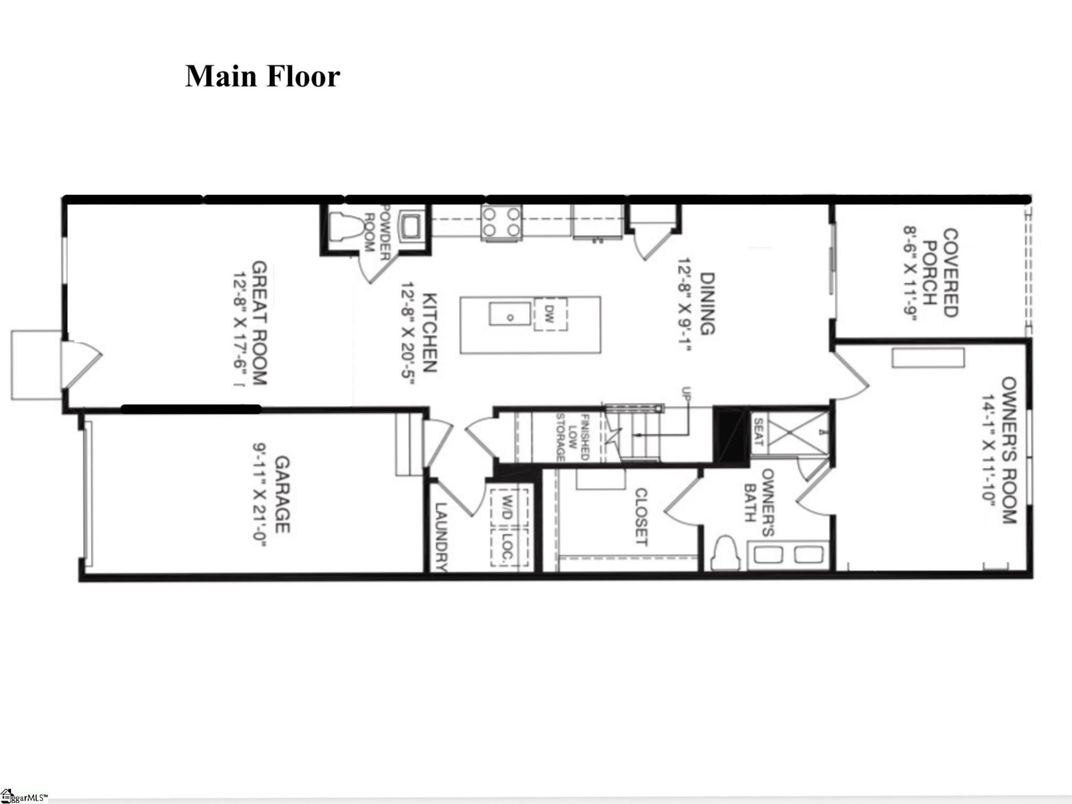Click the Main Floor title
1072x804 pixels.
pos(262,76)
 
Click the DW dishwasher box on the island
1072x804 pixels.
pos(550,314)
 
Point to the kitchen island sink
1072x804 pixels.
pos(510,314)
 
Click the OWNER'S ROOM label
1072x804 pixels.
pos(1009,450)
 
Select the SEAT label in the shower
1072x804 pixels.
pos(758,432)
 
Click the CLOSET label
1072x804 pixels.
pos(641,516)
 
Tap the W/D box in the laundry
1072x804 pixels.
pos(508,506)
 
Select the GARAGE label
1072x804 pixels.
pos(283,494)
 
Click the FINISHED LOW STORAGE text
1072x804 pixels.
pos(572,437)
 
